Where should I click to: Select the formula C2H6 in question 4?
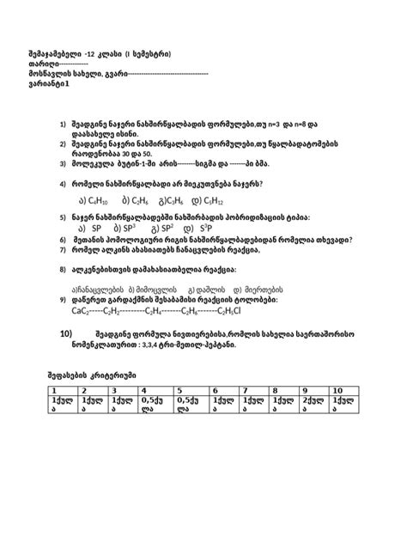[134, 198]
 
